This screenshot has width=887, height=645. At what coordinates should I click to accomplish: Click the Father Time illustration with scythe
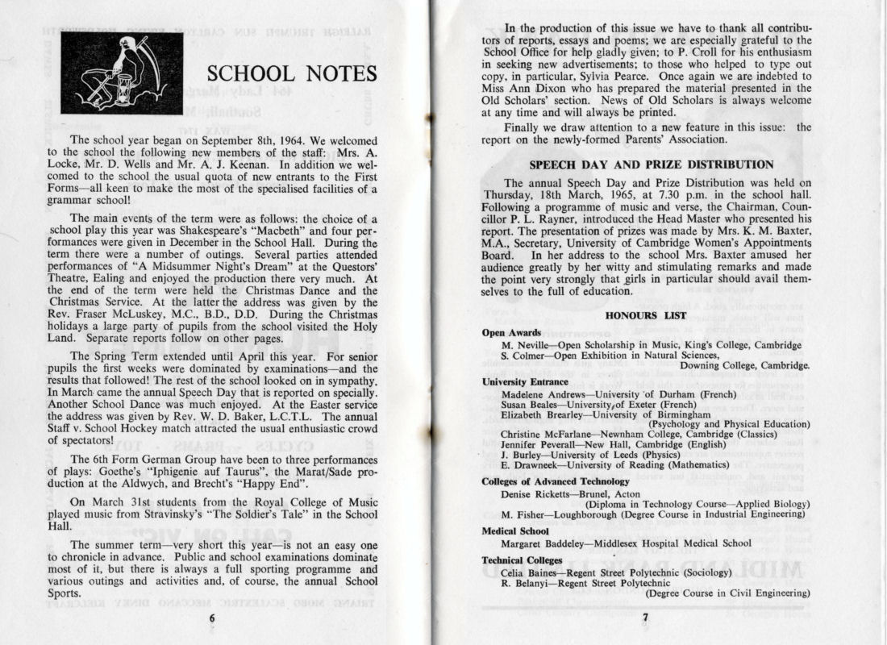pos(121,73)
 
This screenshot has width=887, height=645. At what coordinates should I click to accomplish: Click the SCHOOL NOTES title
pos(292,74)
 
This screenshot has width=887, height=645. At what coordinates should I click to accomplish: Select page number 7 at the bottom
pos(645,618)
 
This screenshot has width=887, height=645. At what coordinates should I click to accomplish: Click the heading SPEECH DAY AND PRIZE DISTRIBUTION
pos(652,164)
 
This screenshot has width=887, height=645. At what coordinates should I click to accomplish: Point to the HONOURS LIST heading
pos(646,315)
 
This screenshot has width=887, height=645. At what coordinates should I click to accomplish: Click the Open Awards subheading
pos(511,332)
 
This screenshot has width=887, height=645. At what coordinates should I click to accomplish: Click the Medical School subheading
pos(515,531)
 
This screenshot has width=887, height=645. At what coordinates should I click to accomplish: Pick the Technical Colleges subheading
pos(520,560)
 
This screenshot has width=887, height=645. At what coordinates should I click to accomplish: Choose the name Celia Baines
pos(531,572)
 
